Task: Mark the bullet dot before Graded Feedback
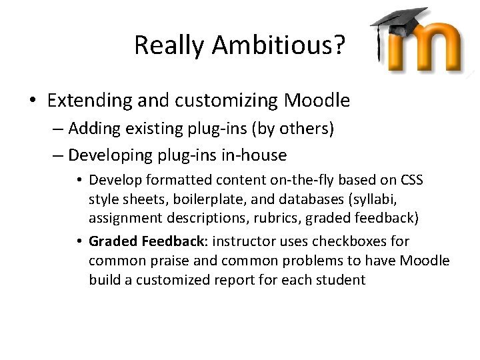point(79,241)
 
